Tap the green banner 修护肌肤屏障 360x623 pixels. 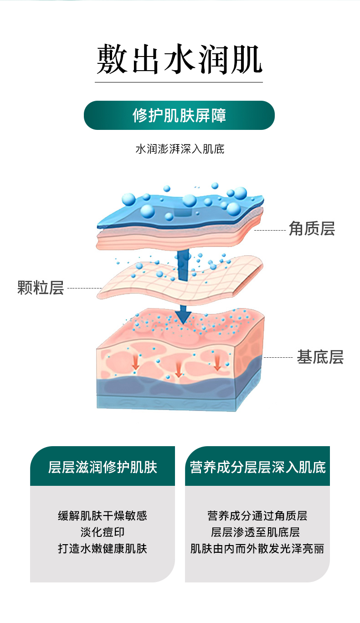click(x=179, y=115)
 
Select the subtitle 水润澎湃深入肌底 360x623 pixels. click(x=180, y=149)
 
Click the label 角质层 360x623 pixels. click(x=312, y=229)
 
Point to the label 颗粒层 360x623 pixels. click(x=41, y=288)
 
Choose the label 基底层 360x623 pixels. click(x=320, y=357)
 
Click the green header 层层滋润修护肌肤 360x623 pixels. click(x=103, y=467)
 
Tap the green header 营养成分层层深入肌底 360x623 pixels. click(x=257, y=467)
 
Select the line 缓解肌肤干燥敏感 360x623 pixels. click(x=103, y=515)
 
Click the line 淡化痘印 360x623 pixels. click(x=103, y=532)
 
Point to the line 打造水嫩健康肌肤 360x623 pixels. click(x=103, y=548)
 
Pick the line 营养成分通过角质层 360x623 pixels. click(x=257, y=515)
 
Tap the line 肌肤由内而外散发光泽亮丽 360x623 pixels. click(x=257, y=548)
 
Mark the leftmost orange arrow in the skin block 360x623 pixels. click(x=135, y=362)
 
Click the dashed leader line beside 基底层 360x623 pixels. click(x=278, y=358)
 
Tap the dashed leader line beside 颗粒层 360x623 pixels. click(x=84, y=288)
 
